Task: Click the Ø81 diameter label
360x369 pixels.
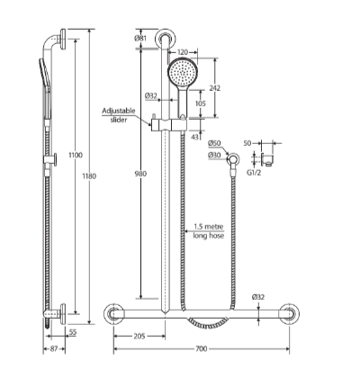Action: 140,39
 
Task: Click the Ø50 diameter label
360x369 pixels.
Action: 214,143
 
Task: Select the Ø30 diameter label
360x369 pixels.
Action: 214,154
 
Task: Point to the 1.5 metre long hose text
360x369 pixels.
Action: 209,230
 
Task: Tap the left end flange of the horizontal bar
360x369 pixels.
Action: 114,313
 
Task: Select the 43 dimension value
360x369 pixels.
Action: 196,135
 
